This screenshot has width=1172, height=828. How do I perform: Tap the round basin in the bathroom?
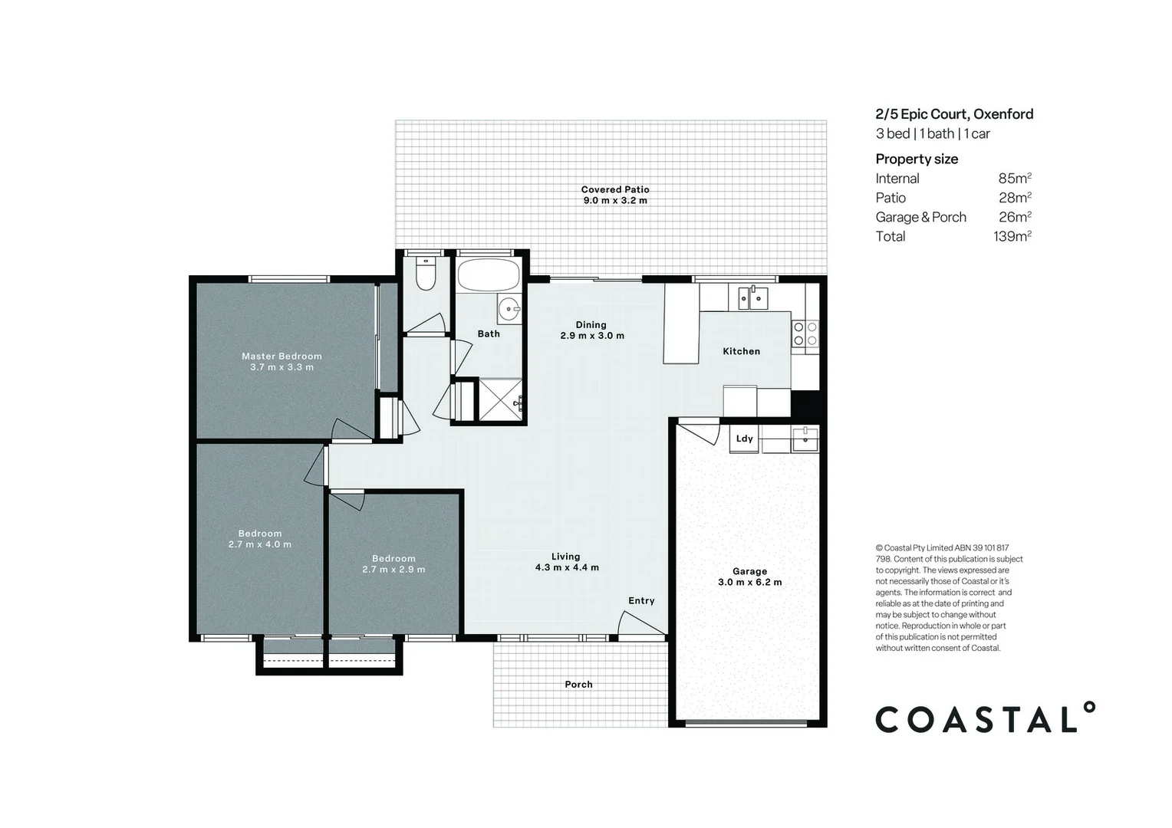pos(508,309)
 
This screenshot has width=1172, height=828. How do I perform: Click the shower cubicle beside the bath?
pos(500,399)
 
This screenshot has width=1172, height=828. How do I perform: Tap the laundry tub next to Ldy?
pos(805,440)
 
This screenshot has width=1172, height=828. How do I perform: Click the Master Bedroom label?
pos(281,356)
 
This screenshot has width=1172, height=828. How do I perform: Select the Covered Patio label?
pos(614,189)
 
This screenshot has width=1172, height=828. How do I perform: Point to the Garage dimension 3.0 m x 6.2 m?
pos(749,582)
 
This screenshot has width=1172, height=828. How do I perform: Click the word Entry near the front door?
pos(641,600)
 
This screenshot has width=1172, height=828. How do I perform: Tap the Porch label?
pos(578,684)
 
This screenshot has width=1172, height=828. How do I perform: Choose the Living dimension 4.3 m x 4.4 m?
pos(567,567)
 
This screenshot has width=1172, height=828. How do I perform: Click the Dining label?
pos(591,324)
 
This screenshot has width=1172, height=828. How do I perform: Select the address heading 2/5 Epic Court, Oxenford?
pos(953,114)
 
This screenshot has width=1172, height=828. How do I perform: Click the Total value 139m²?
pos(1012,236)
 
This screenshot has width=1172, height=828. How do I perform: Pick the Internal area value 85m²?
pos(1014,179)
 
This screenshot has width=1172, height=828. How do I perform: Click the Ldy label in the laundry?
pos(744,439)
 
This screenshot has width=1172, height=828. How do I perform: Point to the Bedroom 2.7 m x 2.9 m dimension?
pos(393,570)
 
